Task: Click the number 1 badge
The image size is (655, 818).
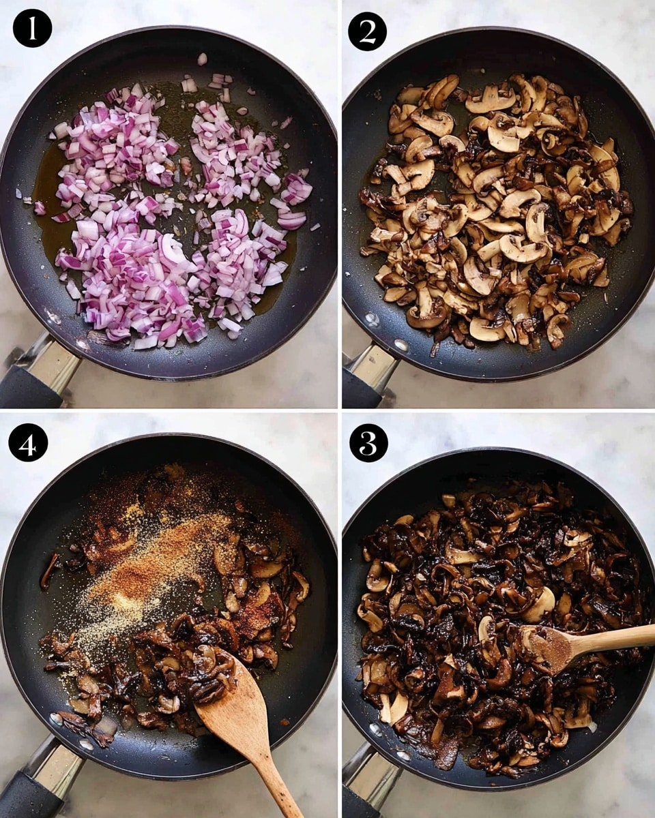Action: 32,28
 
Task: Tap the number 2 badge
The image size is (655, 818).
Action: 367,31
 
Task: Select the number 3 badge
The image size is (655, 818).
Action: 368,442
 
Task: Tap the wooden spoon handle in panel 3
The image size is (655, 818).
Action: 614,639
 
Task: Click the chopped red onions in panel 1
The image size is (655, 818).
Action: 171,218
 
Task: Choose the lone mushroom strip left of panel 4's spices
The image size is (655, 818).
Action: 49,569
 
